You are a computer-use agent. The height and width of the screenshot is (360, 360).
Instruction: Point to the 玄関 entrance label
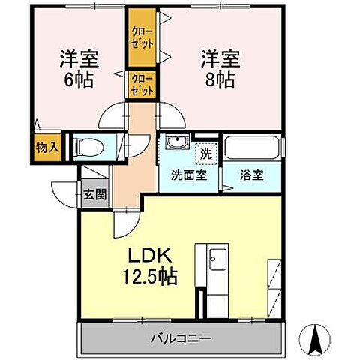(x=94, y=195)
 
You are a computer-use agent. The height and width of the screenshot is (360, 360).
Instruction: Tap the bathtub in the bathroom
(x=253, y=148)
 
